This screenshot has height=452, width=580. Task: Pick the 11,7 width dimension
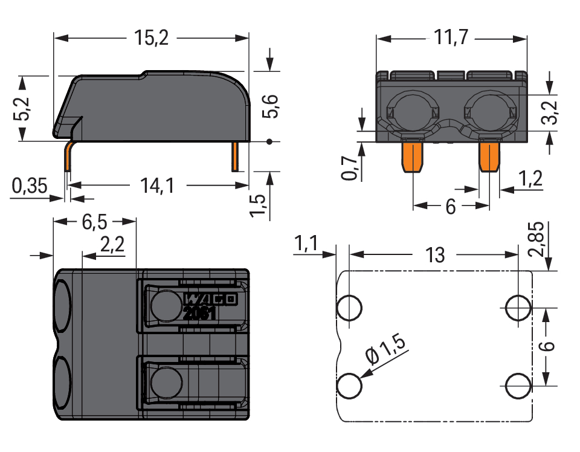pyautogui.click(x=451, y=38)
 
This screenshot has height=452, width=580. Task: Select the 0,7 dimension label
pyautogui.click(x=349, y=167)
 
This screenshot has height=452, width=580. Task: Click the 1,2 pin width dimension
pyautogui.click(x=530, y=178)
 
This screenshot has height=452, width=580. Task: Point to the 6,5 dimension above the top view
pyautogui.click(x=94, y=222)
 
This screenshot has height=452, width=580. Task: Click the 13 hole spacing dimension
pyautogui.click(x=434, y=255)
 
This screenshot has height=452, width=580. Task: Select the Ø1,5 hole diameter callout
pyautogui.click(x=387, y=351)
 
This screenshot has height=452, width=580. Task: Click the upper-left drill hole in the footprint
pyautogui.click(x=349, y=308)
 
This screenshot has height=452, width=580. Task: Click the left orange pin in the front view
pyautogui.click(x=412, y=155)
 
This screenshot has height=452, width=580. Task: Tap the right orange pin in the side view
pyautogui.click(x=235, y=157)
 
